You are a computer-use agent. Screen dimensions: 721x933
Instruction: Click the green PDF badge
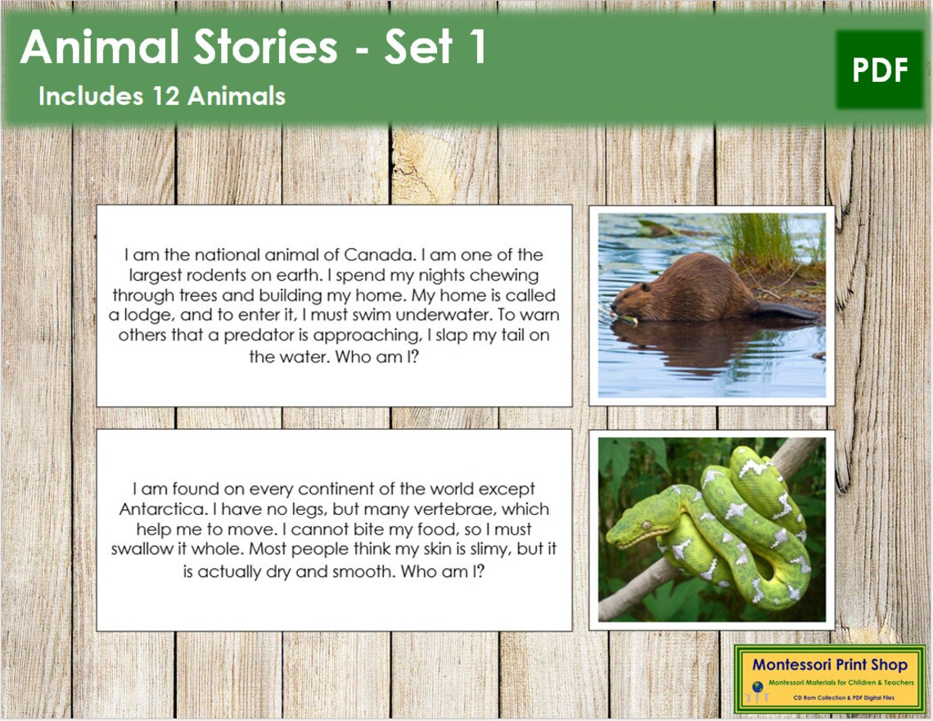880,70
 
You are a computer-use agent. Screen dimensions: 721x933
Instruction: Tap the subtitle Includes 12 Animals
162,97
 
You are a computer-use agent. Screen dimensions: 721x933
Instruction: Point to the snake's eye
646,524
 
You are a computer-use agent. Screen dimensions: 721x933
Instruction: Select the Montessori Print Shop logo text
830,665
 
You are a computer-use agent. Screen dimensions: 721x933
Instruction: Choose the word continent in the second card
375,489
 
